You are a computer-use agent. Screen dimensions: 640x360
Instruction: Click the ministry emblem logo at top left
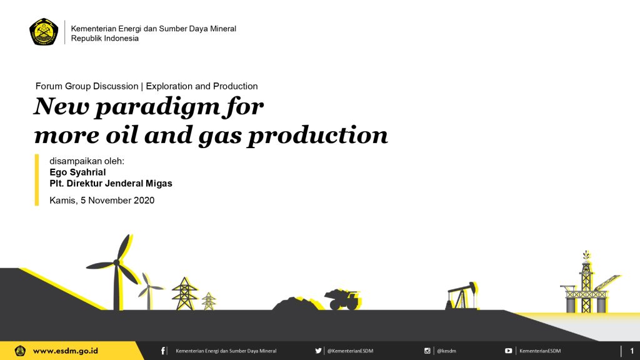[x=44, y=31]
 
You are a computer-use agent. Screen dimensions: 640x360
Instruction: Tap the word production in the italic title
[x=318, y=135]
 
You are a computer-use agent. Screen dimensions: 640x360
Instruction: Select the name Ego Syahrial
[x=77, y=172]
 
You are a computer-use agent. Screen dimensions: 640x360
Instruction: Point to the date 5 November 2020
[x=117, y=201]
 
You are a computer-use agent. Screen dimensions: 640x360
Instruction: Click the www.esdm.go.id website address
[x=65, y=351]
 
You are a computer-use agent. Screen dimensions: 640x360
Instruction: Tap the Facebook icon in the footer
[x=163, y=351]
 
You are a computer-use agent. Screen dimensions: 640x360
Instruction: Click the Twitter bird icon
[x=318, y=351]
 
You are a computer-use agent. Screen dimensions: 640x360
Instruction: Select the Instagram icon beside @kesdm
[x=427, y=351]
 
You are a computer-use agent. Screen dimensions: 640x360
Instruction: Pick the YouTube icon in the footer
[x=509, y=351]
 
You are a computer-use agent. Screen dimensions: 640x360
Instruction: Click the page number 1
[x=632, y=351]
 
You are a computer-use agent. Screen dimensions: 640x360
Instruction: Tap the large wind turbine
[x=116, y=272]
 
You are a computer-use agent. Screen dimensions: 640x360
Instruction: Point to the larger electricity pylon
[x=184, y=294]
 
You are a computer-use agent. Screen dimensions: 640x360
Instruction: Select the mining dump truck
[x=342, y=299]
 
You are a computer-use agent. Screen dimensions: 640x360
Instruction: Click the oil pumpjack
[x=461, y=295]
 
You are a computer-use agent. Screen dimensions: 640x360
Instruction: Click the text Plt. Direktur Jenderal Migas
[x=111, y=184]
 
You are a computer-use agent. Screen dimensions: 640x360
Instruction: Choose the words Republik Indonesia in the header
[x=105, y=38]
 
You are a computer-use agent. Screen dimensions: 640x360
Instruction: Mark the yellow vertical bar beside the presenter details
[x=37, y=179]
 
